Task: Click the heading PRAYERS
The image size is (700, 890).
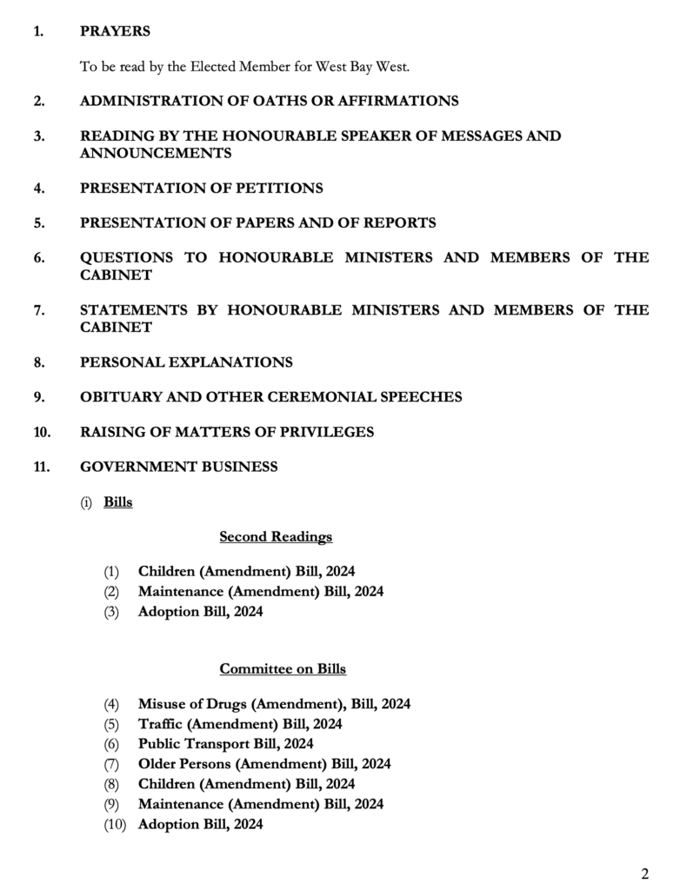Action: (x=115, y=31)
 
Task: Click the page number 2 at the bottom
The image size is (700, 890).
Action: (x=644, y=873)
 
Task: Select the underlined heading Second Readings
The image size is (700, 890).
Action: (x=276, y=537)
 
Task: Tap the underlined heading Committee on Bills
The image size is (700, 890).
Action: (x=283, y=669)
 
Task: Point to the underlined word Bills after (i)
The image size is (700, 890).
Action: (x=118, y=502)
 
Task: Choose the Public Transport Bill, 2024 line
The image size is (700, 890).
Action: (x=225, y=744)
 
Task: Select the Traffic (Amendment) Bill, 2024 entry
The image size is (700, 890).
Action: (x=239, y=724)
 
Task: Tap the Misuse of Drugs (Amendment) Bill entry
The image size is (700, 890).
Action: (x=274, y=704)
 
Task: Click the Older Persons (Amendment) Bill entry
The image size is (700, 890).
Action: (x=264, y=764)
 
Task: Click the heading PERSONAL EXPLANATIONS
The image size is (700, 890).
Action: (x=186, y=362)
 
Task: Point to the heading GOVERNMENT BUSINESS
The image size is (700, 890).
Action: (x=178, y=467)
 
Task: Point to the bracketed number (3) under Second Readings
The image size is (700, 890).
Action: (x=111, y=612)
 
